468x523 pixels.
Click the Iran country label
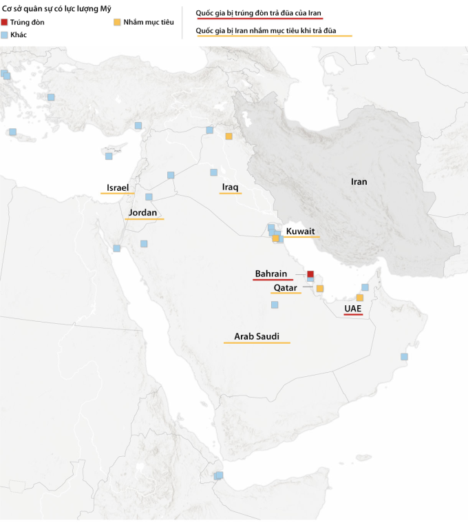click(x=359, y=182)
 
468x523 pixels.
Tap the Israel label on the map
click(x=118, y=187)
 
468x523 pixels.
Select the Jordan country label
click(x=142, y=213)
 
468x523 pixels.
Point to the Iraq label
click(x=230, y=187)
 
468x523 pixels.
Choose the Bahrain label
click(x=271, y=274)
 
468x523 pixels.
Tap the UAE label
click(x=353, y=308)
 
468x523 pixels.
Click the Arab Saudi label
click(x=257, y=336)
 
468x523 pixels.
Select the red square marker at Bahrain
click(x=310, y=274)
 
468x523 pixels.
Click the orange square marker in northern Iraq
click(x=228, y=136)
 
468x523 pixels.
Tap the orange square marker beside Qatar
click(x=319, y=289)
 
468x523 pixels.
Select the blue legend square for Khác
click(x=6, y=34)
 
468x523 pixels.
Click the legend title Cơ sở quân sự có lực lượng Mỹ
click(x=56, y=9)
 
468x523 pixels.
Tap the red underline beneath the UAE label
click(x=353, y=315)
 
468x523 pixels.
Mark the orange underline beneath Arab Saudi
click(x=257, y=343)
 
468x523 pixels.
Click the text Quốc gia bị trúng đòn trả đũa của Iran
click(x=258, y=14)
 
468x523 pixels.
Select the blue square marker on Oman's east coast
click(x=404, y=356)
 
